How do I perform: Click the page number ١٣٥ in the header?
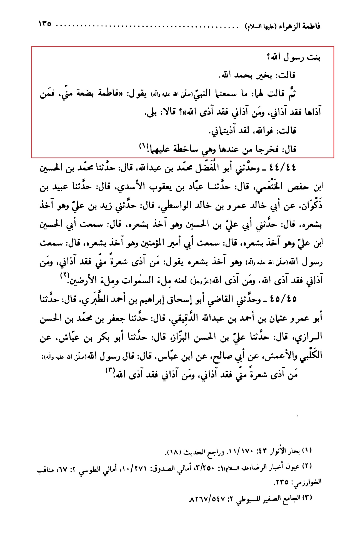46,24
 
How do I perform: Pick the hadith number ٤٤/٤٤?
281,168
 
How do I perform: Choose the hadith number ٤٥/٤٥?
281,299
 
